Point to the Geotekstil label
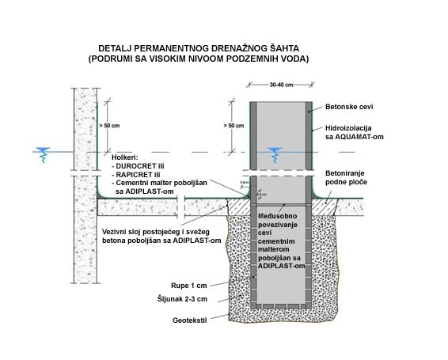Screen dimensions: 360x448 pyautogui.click(x=191, y=321)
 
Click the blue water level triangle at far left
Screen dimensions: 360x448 pyautogui.click(x=42, y=150)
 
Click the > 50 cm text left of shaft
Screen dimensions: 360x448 pyautogui.click(x=233, y=125)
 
